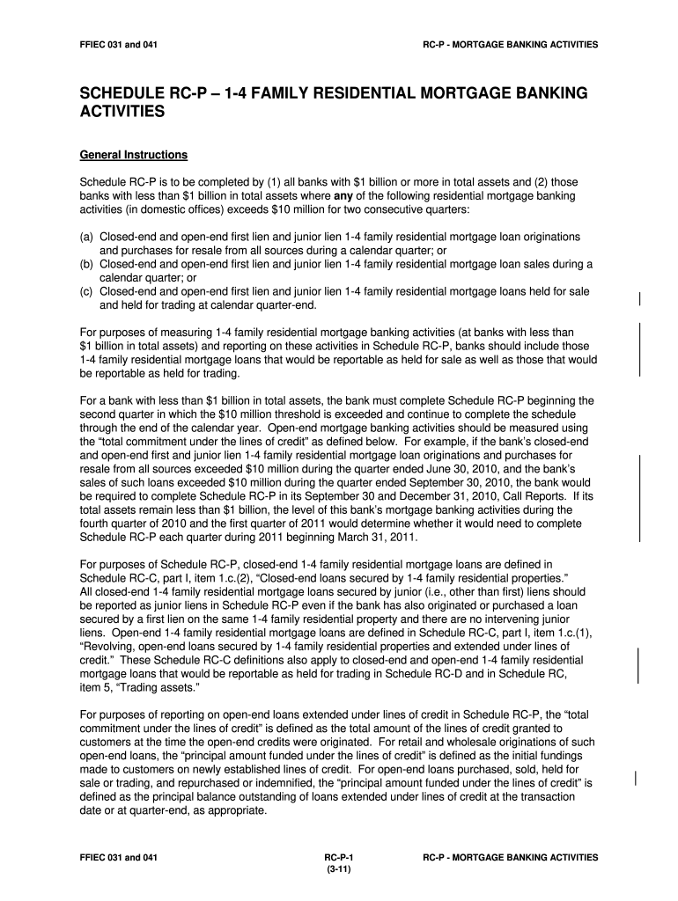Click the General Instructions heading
click(x=133, y=156)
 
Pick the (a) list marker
click(x=87, y=238)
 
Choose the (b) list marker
click(x=87, y=264)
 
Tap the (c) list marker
click(x=87, y=291)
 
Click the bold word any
click(x=344, y=195)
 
